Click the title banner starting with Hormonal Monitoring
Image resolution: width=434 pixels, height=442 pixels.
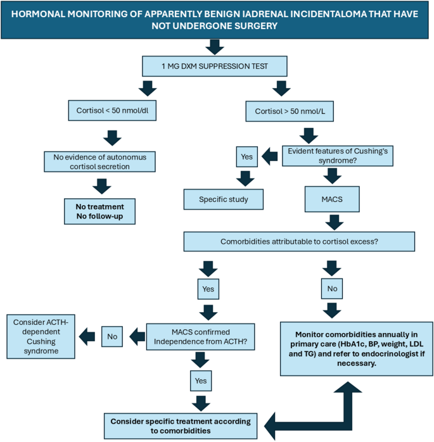click(217, 20)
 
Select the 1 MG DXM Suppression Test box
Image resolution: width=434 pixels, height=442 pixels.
click(216, 65)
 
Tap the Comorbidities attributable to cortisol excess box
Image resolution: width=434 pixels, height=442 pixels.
click(299, 241)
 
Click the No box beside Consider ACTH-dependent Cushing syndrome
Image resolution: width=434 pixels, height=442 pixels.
click(113, 336)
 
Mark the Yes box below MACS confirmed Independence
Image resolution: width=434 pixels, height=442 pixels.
click(201, 381)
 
